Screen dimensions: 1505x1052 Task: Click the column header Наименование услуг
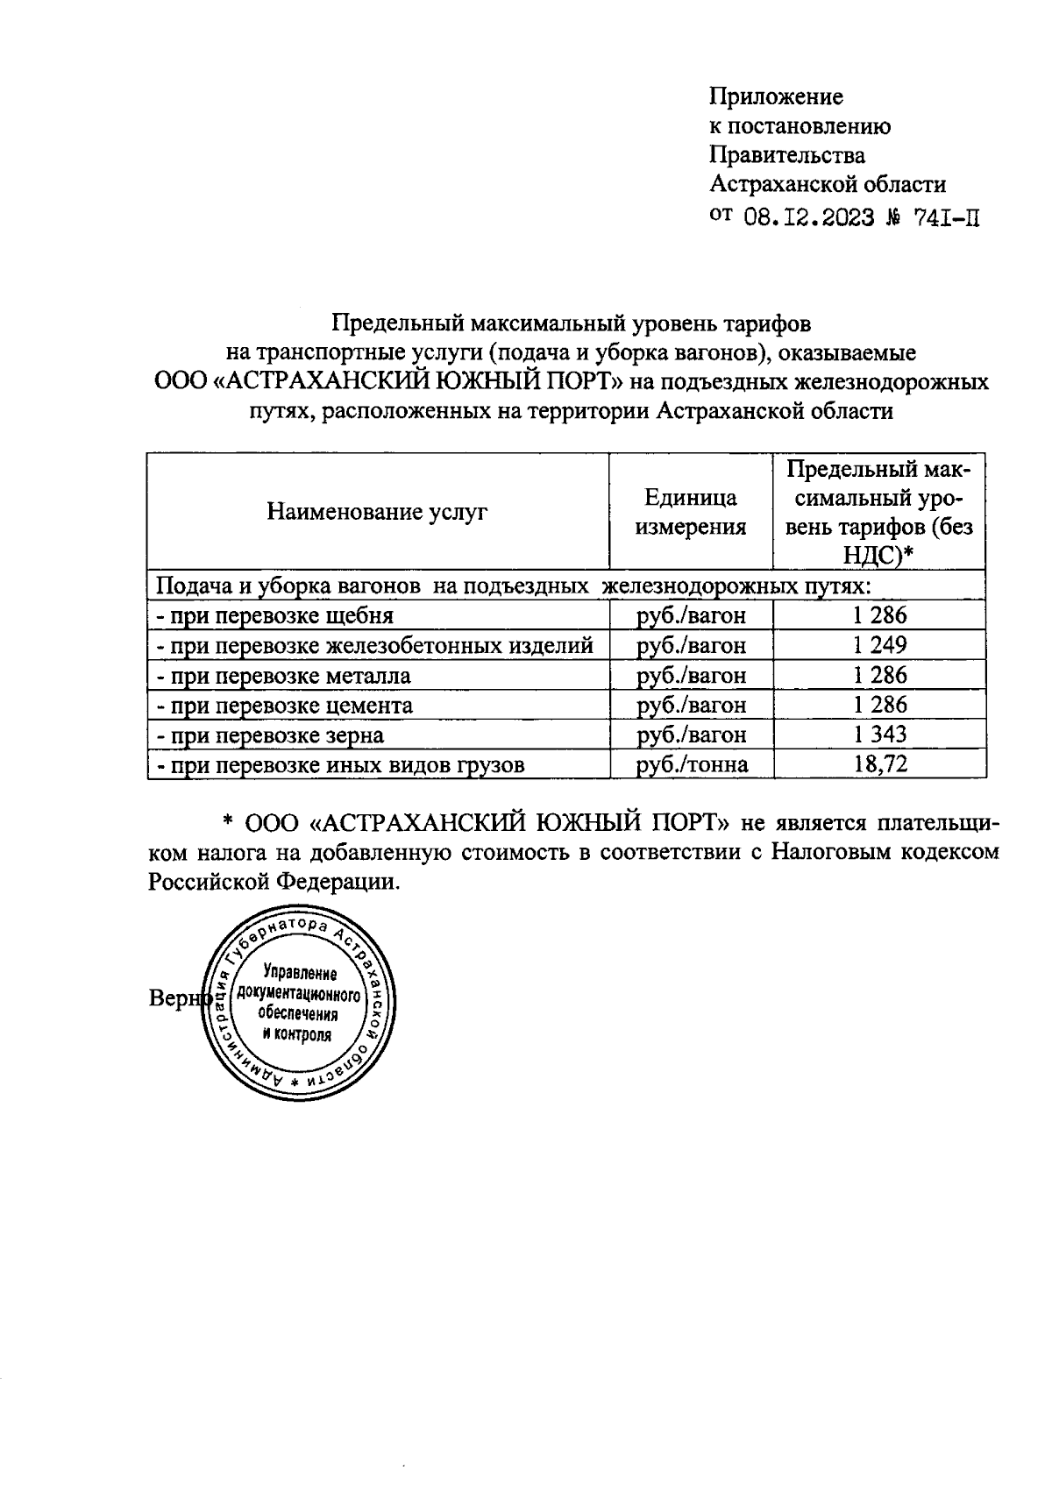click(377, 512)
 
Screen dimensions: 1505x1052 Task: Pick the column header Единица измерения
click(691, 512)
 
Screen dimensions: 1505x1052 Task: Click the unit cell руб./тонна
click(692, 764)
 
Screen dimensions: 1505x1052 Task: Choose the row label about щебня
click(274, 615)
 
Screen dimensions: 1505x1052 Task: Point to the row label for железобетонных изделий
click(374, 646)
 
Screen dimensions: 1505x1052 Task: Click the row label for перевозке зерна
click(270, 735)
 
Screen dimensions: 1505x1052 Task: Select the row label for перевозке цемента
click(284, 706)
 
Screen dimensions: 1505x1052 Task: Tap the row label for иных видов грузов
click(340, 765)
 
